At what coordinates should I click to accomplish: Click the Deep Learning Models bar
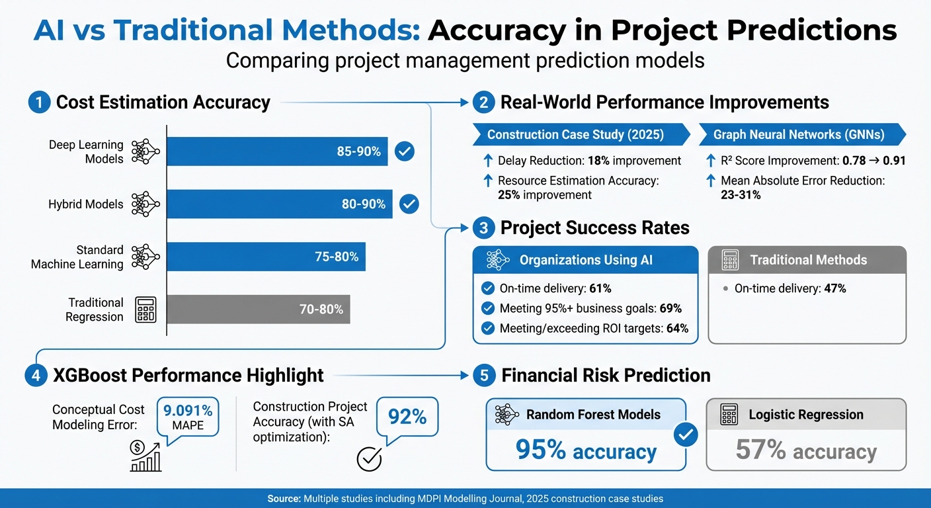[x=276, y=151]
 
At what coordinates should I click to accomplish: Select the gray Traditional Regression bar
[x=258, y=309]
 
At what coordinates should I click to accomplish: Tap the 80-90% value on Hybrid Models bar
[x=363, y=204]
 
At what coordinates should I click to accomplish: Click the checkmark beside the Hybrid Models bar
[x=409, y=204]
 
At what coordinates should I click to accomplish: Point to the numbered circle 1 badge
[x=39, y=103]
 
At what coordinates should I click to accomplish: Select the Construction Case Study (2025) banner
[x=575, y=134]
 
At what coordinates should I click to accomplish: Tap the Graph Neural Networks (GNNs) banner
[x=799, y=134]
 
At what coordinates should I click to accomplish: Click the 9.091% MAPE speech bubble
[x=188, y=417]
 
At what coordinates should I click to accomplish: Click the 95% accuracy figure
[x=586, y=451]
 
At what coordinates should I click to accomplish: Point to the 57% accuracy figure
[x=806, y=451]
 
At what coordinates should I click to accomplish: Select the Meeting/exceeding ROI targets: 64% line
[x=593, y=328]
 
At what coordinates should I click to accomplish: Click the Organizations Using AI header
[x=585, y=260]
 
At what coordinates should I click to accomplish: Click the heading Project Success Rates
[x=594, y=228]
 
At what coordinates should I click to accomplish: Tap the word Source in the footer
[x=284, y=498]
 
